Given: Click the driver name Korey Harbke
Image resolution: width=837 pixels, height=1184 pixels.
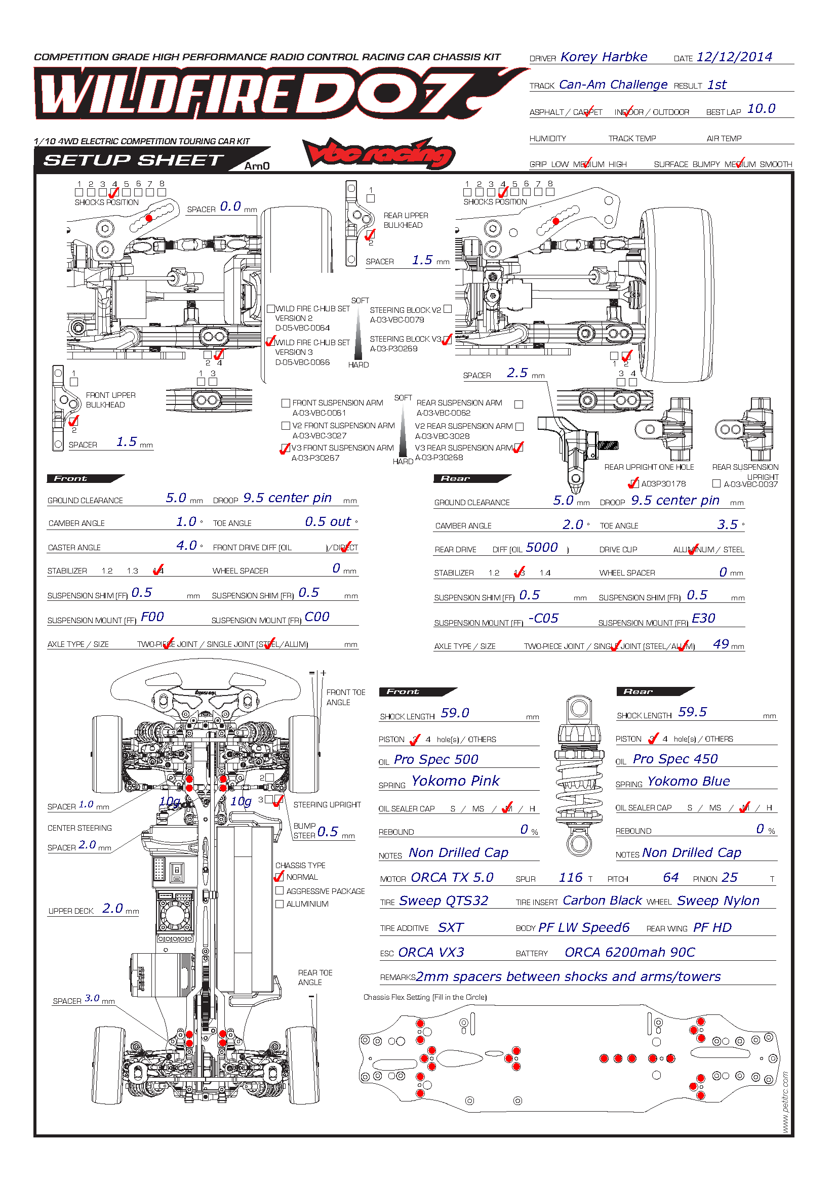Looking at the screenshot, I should (x=604, y=57).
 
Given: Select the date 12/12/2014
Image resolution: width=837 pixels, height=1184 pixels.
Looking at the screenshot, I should (x=734, y=57).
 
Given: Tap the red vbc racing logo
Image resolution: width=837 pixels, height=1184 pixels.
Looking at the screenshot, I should (x=379, y=154).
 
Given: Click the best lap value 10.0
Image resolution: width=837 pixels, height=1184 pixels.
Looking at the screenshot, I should (x=761, y=109).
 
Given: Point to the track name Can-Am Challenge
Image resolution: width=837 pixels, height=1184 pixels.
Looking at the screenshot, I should (x=613, y=85).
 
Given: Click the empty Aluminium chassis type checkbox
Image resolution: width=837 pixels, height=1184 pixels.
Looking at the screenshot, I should (x=280, y=904).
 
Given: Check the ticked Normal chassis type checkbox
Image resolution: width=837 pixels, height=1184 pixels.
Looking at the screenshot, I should (x=280, y=877).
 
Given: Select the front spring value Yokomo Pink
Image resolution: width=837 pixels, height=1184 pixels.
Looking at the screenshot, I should (x=455, y=781).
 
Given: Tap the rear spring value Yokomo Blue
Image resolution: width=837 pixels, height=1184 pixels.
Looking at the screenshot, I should (x=688, y=781).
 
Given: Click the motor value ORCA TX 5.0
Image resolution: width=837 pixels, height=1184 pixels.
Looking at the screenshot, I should (x=452, y=878).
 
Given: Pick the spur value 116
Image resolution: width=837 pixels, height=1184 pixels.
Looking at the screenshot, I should (x=570, y=878).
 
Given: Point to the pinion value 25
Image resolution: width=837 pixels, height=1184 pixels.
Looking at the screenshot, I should (x=729, y=878).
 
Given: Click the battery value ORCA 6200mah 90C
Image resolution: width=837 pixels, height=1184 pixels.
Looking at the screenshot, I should (x=629, y=953).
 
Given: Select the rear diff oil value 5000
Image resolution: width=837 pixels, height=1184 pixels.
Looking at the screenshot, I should (x=541, y=548).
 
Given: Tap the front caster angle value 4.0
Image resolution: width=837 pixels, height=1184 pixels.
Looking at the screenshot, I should (x=186, y=546).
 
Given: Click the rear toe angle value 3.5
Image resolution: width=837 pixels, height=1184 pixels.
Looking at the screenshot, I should (x=727, y=525).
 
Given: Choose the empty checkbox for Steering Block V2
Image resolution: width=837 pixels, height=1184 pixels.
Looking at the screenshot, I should (x=448, y=309).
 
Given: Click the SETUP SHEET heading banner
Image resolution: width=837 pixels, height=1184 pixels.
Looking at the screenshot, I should (x=133, y=160).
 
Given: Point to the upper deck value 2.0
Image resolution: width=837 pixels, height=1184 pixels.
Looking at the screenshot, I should (x=112, y=909).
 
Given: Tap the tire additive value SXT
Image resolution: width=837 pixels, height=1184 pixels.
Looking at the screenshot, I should (x=450, y=928).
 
